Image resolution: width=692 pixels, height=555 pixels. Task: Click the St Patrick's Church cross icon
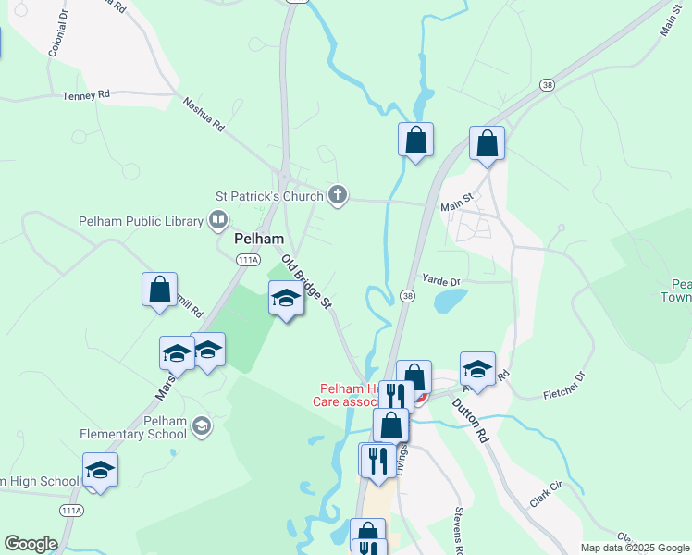coord(338,195)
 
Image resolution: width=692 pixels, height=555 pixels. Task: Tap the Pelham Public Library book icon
coord(218,220)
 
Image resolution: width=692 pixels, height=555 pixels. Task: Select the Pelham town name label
coord(258,239)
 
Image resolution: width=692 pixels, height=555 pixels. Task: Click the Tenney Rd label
coord(86,95)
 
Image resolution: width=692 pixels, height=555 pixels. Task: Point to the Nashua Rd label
coord(204,117)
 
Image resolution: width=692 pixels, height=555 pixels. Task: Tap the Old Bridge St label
coord(306,281)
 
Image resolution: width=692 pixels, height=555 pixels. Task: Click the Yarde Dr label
coord(440,279)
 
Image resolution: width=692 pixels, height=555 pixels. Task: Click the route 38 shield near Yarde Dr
coord(407,295)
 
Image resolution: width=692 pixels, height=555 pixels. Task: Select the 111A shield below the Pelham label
coord(248,261)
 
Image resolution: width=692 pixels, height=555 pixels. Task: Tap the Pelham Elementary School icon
coord(202,425)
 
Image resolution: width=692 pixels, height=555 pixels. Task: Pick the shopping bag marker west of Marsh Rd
coord(160,289)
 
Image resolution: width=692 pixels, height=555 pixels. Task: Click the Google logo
coord(31,544)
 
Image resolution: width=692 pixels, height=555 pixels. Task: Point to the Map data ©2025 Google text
coord(635,548)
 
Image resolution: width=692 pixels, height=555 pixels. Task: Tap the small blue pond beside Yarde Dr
coord(450,300)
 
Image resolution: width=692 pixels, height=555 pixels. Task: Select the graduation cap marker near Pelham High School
coord(100,470)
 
